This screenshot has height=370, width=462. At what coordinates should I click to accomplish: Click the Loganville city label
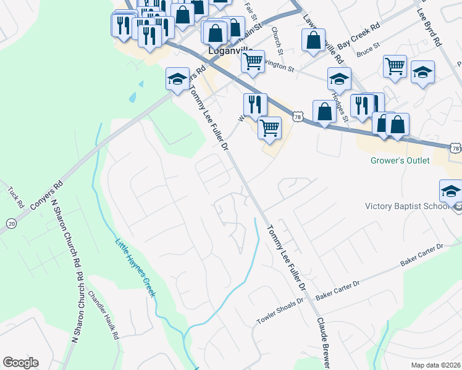pyautogui.click(x=229, y=51)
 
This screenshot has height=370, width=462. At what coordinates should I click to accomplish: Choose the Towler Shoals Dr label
pyautogui.click(x=281, y=313)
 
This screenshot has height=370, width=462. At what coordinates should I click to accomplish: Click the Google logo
pyautogui.click(x=20, y=363)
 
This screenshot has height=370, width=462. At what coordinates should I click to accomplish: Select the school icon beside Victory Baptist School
pyautogui.click(x=451, y=191)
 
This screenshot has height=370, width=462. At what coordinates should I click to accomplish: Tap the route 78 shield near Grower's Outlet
pyautogui.click(x=455, y=149)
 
